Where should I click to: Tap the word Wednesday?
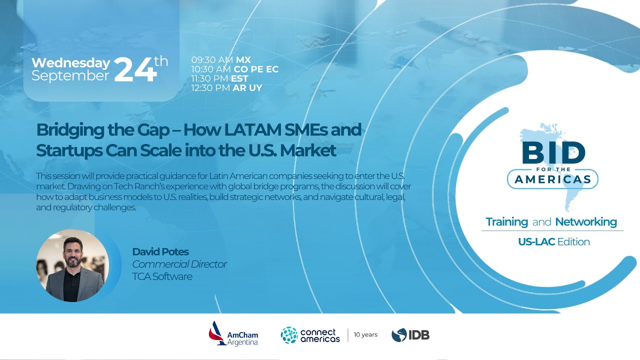[70, 63]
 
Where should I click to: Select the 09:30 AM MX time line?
[221, 60]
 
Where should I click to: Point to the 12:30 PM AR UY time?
[226, 88]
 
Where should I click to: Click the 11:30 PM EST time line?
[220, 78]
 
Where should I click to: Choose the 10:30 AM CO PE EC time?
[234, 69]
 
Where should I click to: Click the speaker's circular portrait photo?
[72, 265]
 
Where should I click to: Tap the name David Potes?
[160, 251]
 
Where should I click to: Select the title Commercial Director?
[179, 264]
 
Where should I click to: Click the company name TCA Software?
[162, 276]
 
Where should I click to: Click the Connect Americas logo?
[310, 335]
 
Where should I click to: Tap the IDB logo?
[410, 335]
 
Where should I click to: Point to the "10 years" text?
[365, 334]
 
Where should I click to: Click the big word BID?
[553, 153]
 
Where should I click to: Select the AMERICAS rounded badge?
[552, 179]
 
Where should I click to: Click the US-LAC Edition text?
[553, 242]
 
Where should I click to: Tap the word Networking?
[586, 222]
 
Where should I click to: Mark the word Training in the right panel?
[506, 222]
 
